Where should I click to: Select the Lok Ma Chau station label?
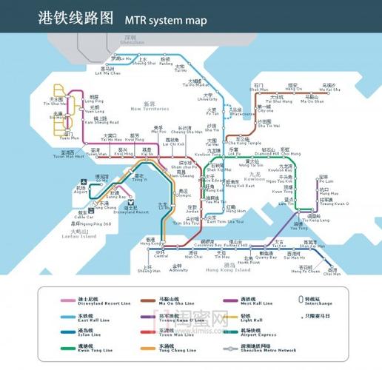[108, 73]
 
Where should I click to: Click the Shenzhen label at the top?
[130, 38]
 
